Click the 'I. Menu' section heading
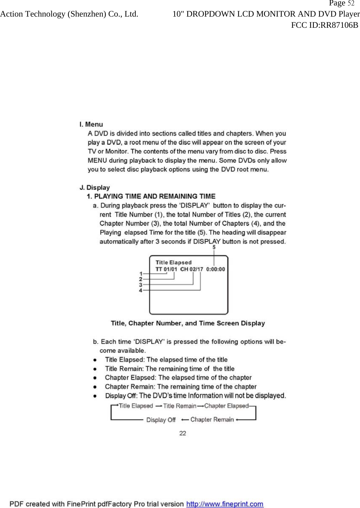tap(91, 124)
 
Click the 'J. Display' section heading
tap(95, 188)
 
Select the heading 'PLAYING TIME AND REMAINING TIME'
tap(155, 197)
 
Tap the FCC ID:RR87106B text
tap(324, 25)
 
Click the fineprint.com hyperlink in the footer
tap(225, 504)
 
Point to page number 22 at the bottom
tap(183, 433)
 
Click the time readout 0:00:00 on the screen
tap(216, 270)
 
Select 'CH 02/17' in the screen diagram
tap(192, 270)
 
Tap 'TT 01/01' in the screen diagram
tap(166, 270)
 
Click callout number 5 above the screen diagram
tap(214, 247)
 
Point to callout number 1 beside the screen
tap(141, 274)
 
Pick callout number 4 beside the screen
tap(141, 290)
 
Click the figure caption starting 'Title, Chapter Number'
tap(188, 323)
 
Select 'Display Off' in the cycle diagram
tap(161, 420)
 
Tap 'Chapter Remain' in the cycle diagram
tap(212, 419)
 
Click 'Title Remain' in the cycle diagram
tap(180, 406)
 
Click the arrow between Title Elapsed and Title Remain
tap(158, 406)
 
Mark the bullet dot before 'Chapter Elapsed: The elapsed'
tap(95, 378)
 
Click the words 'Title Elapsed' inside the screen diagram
tap(174, 262)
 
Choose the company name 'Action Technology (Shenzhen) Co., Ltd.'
tap(69, 14)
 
